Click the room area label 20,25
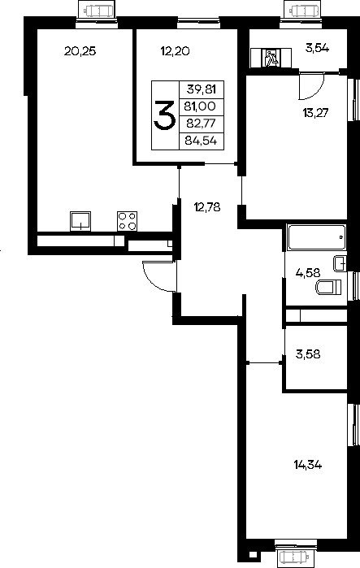click(80, 51)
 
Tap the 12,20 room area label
click(176, 51)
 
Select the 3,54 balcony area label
click(317, 48)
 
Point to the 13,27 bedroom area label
click(315, 113)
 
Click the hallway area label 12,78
click(207, 207)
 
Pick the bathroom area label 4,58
click(308, 271)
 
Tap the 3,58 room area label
click(308, 354)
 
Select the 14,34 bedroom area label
click(308, 465)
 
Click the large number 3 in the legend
click(165, 115)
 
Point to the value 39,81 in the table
click(201, 89)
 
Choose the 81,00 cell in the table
click(200, 106)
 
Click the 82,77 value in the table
click(201, 124)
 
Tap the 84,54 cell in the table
click(201, 141)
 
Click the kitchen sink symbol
click(80, 221)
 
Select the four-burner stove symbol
click(127, 221)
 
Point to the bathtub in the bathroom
click(316, 237)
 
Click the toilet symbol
click(328, 288)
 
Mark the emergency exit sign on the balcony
click(271, 58)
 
